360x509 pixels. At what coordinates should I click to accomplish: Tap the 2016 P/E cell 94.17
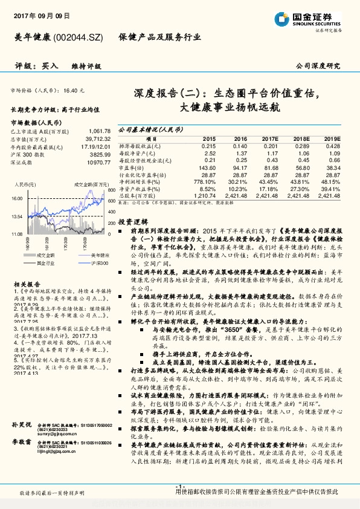coord(240,167)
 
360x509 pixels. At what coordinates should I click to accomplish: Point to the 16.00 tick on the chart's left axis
coord(17,198)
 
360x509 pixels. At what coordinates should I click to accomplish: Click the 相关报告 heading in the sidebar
coord(27,284)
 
